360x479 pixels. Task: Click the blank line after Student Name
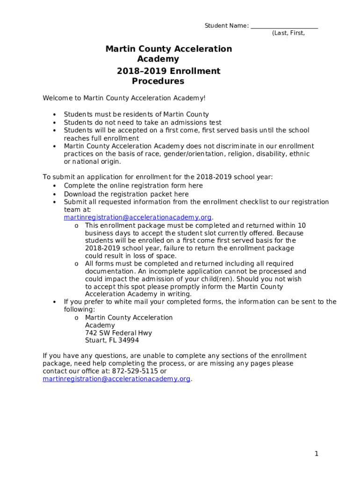[x=284, y=26]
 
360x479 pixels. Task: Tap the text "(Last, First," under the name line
[x=288, y=33]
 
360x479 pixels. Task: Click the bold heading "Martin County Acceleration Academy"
[x=168, y=54]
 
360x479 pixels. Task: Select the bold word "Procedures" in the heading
[x=158, y=81]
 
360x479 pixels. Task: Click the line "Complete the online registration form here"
[x=133, y=186]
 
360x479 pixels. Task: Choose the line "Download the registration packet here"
[x=126, y=194]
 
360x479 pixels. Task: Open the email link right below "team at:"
[x=138, y=218]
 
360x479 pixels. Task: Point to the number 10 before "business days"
[x=302, y=225]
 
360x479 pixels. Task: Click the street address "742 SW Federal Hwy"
[x=118, y=333]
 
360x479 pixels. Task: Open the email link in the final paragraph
[x=116, y=379]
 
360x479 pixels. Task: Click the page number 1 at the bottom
[x=317, y=454]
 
